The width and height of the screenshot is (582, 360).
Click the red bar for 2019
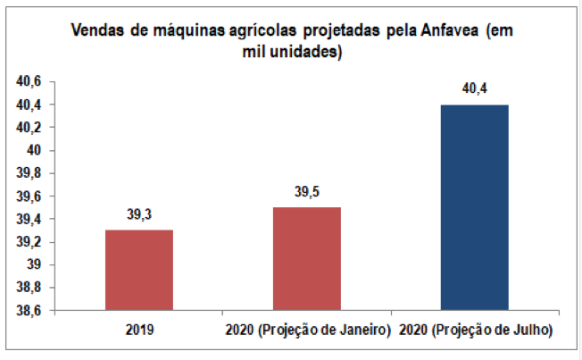tap(138, 270)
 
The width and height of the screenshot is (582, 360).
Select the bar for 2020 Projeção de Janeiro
tap(306, 259)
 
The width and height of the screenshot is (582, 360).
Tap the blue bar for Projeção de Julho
tap(474, 207)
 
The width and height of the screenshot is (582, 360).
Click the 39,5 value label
tap(306, 193)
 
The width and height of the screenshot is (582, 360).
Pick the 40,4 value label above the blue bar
tap(474, 89)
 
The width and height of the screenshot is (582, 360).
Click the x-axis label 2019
tap(138, 331)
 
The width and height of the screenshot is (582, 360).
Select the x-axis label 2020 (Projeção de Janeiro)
tap(306, 331)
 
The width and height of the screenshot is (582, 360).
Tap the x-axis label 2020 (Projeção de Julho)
tap(474, 331)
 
